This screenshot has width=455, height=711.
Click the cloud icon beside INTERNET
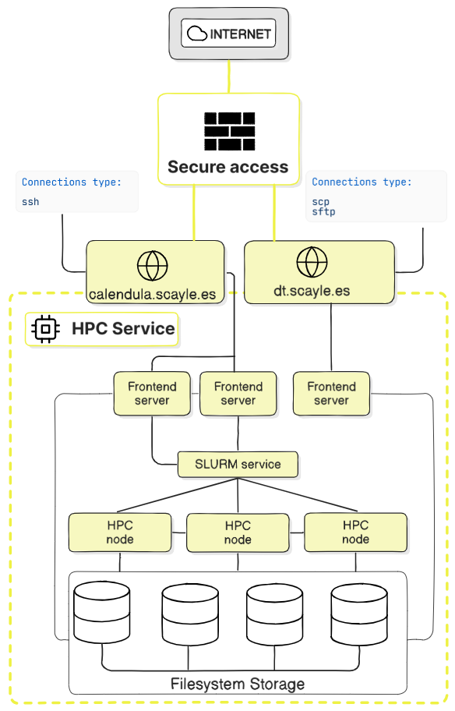(198, 34)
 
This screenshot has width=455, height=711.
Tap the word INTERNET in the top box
(240, 34)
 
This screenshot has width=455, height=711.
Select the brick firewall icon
(229, 131)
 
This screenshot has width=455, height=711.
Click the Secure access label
(228, 167)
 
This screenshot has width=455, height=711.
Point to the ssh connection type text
(30, 202)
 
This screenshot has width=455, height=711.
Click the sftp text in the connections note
(323, 211)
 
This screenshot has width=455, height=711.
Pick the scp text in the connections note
(320, 201)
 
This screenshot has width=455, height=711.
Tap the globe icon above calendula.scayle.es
(152, 266)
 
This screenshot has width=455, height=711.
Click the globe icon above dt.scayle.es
(312, 262)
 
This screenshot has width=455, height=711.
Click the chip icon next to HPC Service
(46, 329)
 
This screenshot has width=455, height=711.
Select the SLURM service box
(238, 464)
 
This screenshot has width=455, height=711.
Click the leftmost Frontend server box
(152, 394)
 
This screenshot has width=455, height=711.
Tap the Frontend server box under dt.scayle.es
(331, 394)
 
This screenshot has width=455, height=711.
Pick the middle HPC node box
(238, 532)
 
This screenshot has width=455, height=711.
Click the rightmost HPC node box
(355, 532)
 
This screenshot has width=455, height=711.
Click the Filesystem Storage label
(238, 684)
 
